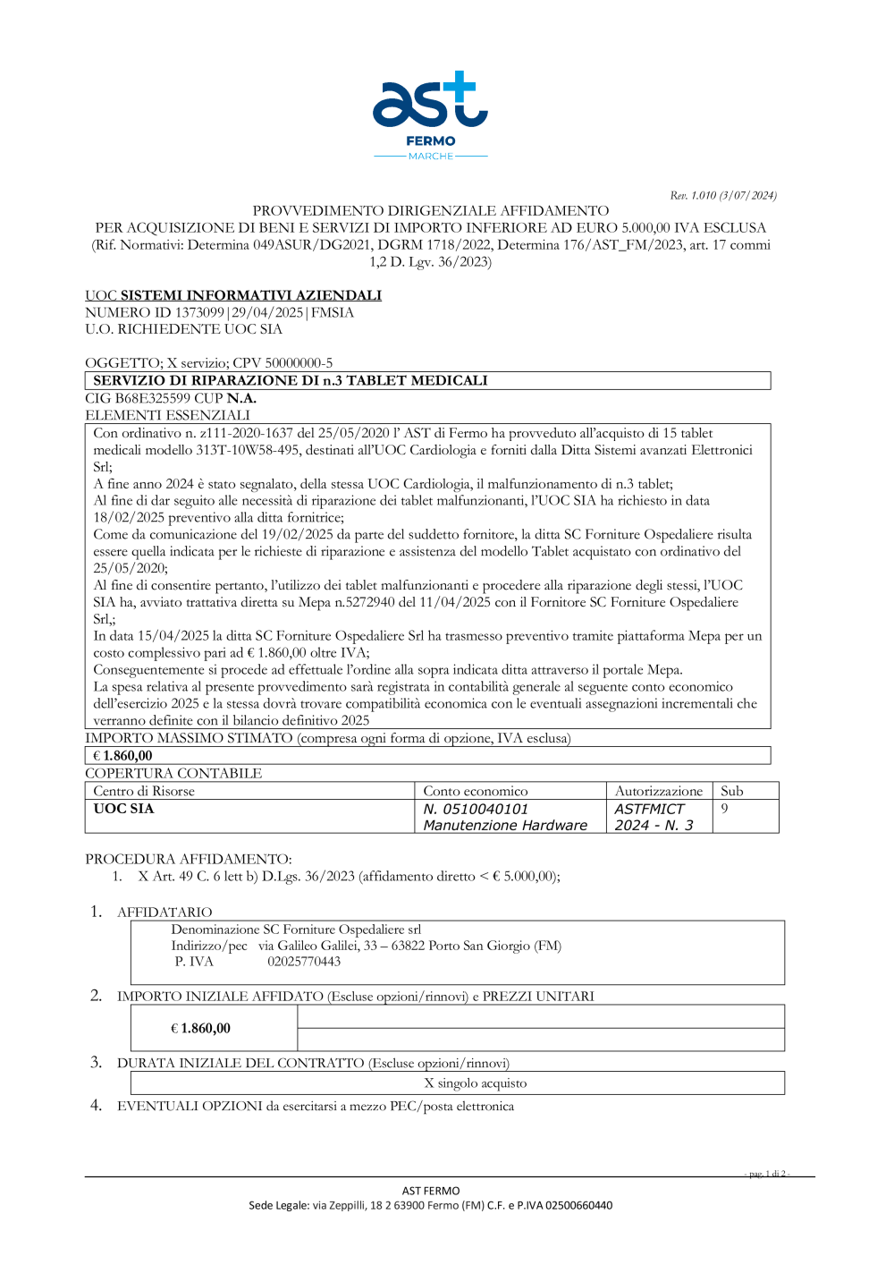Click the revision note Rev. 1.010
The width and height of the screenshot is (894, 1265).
pos(723,195)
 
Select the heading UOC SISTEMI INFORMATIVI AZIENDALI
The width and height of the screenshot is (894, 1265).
pos(233,295)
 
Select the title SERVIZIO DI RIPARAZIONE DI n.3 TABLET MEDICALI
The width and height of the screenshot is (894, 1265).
pos(291,380)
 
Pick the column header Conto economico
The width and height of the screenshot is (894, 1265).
pos(476,791)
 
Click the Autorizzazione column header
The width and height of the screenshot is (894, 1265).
pos(659,791)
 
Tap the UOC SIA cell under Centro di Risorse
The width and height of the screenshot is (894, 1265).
pos(123,809)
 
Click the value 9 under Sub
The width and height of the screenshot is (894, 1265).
pos(725,809)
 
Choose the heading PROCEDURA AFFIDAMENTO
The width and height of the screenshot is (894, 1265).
pos(189,859)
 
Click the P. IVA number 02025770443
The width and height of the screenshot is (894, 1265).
pos(304,962)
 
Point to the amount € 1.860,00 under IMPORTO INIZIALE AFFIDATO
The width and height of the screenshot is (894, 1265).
pos(201,1029)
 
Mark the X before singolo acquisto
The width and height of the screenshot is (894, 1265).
pos(429,1083)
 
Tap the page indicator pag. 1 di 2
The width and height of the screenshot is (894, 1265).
pos(767,1174)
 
